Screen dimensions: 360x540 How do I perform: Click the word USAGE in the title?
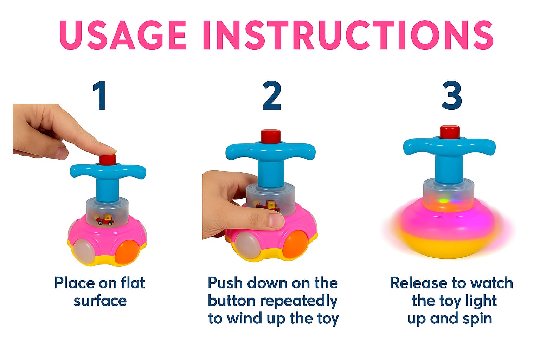coord(123,35)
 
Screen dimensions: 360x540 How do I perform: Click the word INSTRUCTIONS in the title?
coord(348,35)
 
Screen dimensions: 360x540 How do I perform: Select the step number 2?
coord(272,96)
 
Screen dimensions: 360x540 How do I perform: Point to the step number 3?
coord(451,96)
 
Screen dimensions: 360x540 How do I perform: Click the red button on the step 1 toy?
coord(107,160)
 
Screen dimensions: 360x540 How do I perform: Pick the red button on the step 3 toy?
coord(450,132)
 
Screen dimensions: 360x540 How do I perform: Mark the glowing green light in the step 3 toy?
coord(444,201)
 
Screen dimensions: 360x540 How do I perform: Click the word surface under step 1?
coord(100,301)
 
